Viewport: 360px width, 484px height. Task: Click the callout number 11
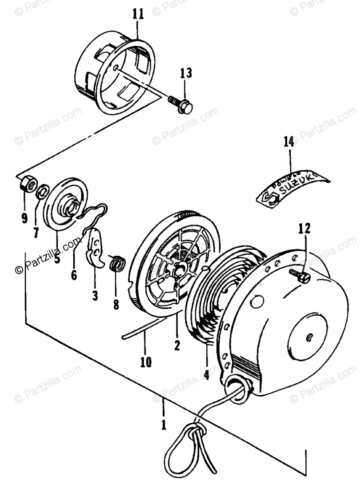(x=138, y=15)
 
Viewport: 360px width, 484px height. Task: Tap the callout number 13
(x=186, y=73)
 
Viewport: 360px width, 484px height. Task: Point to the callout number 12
(x=305, y=229)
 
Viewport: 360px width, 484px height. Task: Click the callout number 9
(x=24, y=219)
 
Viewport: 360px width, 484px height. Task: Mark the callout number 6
(x=74, y=275)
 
